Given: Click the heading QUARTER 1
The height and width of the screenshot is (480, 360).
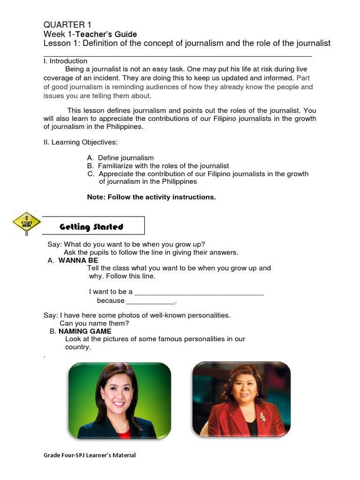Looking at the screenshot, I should coord(67,25).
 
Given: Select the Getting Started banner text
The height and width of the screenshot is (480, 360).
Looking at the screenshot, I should coord(91,227).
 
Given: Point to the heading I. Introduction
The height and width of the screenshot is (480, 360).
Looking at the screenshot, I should coord(65,61).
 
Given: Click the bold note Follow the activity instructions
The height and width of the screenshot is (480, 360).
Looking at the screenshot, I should coord(151,197).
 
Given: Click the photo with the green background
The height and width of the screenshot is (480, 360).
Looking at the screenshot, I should coord(120,400).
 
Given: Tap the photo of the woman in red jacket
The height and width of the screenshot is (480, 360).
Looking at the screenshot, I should coord(241,399).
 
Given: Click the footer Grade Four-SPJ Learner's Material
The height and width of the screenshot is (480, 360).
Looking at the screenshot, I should coord(90,455).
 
